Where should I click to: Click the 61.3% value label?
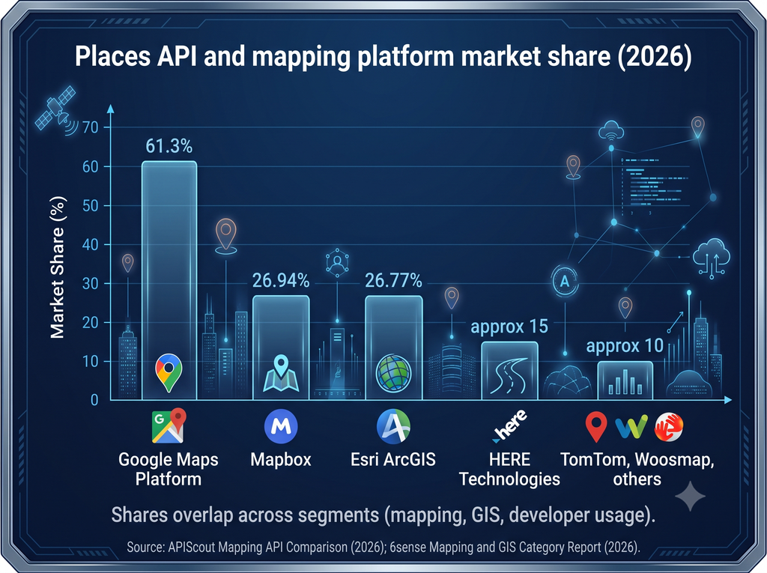(169, 146)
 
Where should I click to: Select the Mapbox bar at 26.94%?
(281, 348)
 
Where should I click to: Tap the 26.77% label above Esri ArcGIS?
(393, 280)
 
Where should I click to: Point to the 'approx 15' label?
(509, 327)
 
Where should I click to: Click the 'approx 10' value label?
(625, 346)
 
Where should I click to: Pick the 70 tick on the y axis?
(91, 127)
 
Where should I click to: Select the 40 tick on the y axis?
(91, 244)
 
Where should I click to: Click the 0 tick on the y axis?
(94, 400)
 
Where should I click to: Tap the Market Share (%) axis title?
(58, 267)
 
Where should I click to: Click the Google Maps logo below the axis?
(169, 425)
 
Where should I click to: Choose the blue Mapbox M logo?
(281, 426)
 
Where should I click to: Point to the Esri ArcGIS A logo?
(393, 426)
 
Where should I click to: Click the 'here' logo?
(509, 426)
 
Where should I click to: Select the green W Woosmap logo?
(631, 427)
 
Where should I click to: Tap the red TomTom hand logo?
(669, 427)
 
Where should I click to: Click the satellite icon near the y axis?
(55, 110)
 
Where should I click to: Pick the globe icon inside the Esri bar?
(393, 373)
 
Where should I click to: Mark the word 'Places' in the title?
(112, 57)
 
